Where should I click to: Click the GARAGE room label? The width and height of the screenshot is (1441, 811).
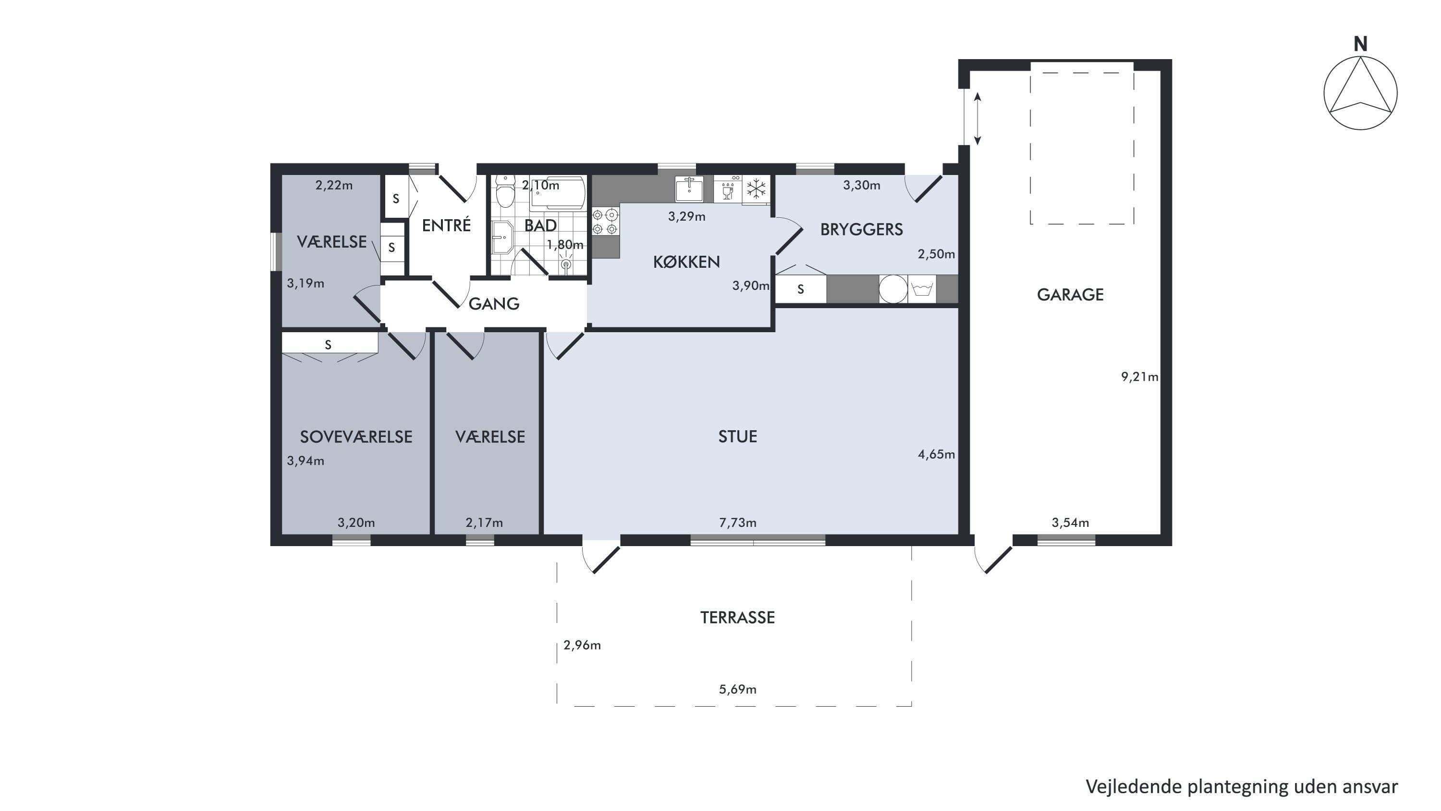1070,295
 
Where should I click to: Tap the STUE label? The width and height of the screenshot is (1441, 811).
737,437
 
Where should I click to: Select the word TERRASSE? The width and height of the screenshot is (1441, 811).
737,618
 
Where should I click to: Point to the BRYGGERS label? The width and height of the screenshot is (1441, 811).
861,229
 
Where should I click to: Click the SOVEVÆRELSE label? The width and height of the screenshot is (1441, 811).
356,437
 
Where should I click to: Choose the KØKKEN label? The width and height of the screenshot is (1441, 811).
686,262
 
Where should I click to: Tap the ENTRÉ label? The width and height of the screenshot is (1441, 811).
446,225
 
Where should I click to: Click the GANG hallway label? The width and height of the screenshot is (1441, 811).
494,304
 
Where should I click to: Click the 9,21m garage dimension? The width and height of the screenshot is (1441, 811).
1139,377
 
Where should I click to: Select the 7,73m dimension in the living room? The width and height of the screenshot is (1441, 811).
737,523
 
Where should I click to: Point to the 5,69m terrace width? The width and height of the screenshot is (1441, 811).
737,689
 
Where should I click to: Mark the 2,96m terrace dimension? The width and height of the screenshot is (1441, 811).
582,645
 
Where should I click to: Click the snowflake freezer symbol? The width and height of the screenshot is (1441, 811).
757,188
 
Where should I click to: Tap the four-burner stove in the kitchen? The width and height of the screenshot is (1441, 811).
606,222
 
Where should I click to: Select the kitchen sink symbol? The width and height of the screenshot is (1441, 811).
689,188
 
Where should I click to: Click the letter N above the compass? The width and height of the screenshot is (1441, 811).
1360,44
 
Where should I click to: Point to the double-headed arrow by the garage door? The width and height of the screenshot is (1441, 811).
977,119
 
